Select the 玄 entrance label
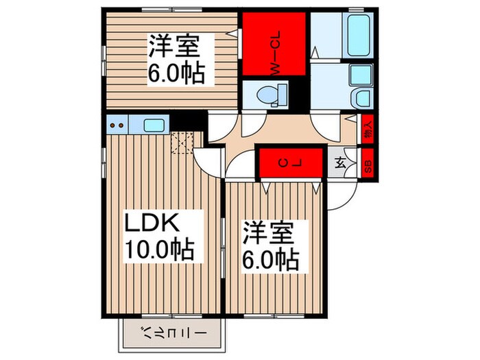pos(341,163)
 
